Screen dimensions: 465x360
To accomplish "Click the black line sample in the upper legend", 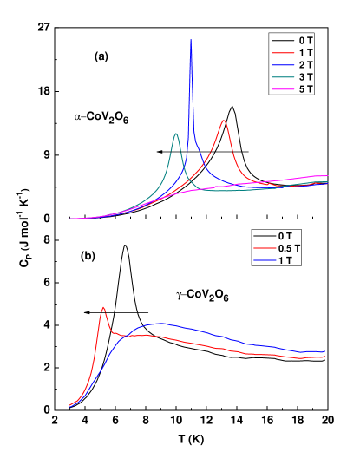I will (282, 41).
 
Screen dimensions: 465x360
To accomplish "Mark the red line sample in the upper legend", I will (282, 53).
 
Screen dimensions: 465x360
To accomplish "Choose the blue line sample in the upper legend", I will (282, 65).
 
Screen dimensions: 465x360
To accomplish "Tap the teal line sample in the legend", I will (282, 77).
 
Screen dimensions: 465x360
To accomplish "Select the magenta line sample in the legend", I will (282, 89).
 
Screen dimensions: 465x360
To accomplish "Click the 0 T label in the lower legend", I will (285, 236).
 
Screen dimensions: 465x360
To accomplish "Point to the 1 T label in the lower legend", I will (285, 260).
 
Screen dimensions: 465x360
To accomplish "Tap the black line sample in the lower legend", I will (264, 236).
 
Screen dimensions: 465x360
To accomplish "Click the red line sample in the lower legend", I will (264, 248).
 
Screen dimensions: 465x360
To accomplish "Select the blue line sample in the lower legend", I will (264, 260).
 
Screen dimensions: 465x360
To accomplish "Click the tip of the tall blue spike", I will (191, 40).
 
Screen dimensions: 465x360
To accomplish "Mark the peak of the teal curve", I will (176, 134).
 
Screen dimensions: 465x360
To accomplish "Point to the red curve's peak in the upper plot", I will (224, 121).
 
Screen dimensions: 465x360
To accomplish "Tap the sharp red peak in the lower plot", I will (103, 307).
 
